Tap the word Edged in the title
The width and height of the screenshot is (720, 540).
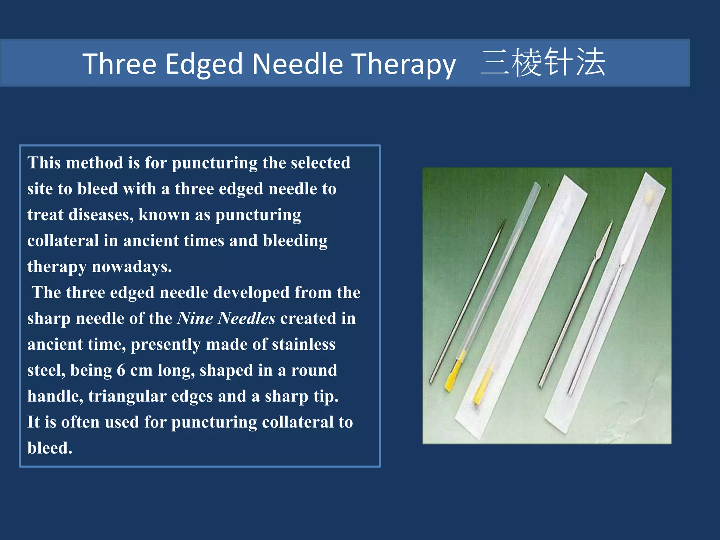point(204,64)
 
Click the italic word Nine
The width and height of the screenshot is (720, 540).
point(195,319)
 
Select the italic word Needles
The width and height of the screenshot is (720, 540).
point(246,319)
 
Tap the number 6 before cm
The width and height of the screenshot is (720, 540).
point(121,371)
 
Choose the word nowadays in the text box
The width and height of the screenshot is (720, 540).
point(132,266)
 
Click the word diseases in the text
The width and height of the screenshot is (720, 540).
point(101,215)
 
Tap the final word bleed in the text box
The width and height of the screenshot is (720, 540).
point(50,448)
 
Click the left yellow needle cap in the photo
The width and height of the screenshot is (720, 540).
point(454,374)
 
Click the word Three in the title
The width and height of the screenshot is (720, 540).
point(119,64)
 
